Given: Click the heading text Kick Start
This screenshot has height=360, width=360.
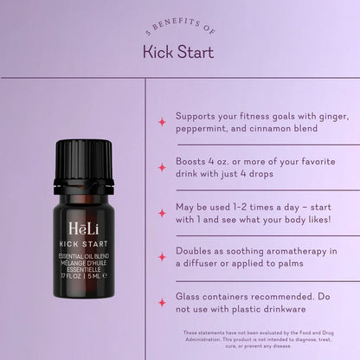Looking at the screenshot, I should tap(178, 52).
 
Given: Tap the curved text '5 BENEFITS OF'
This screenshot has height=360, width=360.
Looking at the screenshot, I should tap(179, 29).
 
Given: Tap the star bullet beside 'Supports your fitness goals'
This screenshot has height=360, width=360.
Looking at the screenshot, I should tap(161, 122).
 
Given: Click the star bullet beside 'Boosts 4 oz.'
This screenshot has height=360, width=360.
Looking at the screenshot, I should tap(161, 167).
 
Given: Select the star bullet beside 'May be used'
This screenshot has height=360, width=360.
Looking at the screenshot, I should tap(161, 212).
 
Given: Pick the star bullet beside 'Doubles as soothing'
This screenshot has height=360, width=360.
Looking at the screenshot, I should tap(161, 257).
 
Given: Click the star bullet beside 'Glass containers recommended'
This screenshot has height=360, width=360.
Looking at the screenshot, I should tap(161, 302).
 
